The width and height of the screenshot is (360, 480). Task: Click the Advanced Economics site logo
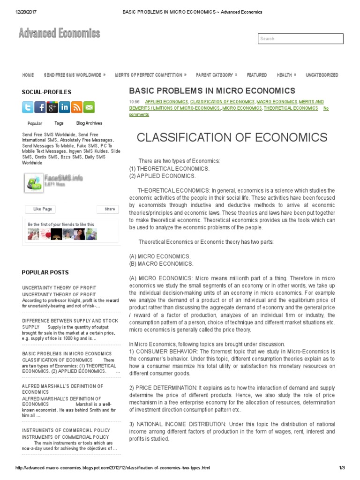click(x=59, y=33)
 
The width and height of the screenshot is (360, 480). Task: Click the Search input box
click(x=300, y=39)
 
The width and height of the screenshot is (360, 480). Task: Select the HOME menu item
click(x=28, y=75)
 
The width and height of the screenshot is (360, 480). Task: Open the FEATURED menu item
click(x=256, y=75)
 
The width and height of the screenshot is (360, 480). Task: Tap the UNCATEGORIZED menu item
click(x=322, y=75)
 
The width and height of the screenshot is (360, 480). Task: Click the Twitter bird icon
click(x=28, y=107)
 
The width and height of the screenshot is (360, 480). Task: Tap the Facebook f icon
click(x=40, y=107)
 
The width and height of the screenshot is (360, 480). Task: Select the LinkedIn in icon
click(x=64, y=107)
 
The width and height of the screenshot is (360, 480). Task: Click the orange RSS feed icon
click(x=76, y=107)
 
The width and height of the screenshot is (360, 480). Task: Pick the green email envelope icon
click(x=89, y=107)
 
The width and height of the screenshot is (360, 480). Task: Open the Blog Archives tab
click(x=89, y=123)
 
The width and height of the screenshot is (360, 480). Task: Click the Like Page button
click(x=43, y=209)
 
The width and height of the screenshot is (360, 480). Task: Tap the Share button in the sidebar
click(x=109, y=209)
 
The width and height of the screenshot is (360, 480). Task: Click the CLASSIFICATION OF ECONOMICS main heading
click(x=232, y=137)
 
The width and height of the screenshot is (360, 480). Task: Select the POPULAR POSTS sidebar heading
click(x=45, y=272)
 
